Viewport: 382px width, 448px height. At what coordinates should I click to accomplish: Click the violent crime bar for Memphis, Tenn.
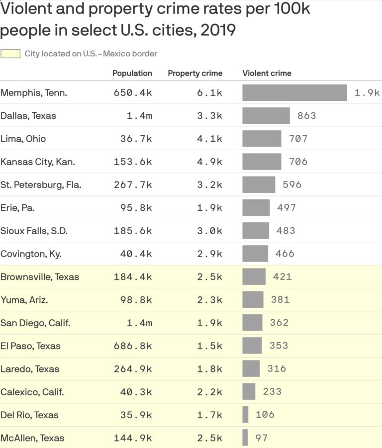[294, 92]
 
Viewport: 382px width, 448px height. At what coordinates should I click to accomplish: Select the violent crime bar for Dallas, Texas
[266, 116]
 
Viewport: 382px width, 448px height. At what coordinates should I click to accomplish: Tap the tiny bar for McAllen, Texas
[245, 438]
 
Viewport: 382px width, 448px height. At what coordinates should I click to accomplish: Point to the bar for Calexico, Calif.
[249, 392]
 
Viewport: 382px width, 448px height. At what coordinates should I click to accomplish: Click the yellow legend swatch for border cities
[10, 54]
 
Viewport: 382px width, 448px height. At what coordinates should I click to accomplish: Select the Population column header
[132, 73]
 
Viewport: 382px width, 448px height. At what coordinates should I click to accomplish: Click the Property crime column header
[195, 73]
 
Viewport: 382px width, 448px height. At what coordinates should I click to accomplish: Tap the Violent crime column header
[267, 73]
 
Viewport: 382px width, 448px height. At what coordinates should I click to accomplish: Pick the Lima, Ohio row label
[23, 139]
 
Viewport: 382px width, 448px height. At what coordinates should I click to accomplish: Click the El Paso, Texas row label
[30, 346]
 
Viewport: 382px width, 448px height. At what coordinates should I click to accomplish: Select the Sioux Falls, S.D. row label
[34, 231]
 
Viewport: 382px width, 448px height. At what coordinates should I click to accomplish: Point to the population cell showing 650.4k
[132, 92]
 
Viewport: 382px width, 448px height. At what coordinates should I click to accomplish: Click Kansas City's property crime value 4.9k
[209, 162]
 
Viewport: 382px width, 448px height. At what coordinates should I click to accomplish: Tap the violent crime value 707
[298, 139]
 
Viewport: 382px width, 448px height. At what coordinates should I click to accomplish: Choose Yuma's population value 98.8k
[136, 300]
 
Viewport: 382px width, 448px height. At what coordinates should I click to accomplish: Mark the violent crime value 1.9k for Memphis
[367, 92]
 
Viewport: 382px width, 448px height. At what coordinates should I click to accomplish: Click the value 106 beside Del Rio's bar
[265, 415]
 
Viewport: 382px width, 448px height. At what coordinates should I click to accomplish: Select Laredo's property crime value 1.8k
[209, 369]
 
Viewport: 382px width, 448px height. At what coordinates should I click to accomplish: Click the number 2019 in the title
[218, 30]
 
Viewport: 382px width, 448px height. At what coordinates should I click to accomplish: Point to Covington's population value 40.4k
[136, 254]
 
